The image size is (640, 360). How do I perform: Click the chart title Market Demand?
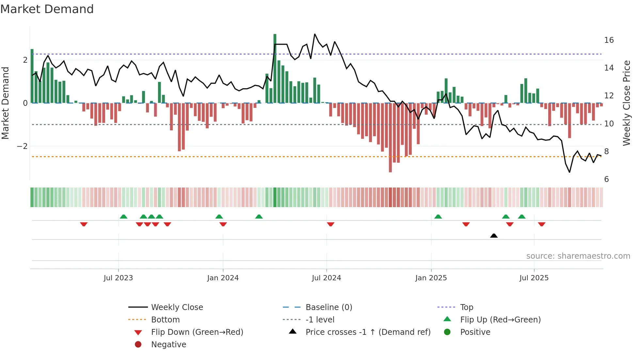[x=47, y=9]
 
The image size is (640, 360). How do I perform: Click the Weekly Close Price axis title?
[x=626, y=103]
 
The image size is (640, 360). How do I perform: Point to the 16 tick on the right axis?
[x=609, y=40]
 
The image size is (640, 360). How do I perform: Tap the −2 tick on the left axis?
[x=22, y=146]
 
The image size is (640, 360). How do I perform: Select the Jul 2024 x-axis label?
[x=326, y=278]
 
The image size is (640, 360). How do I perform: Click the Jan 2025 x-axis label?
[x=431, y=278]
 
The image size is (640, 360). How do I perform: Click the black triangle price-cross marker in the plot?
[x=494, y=236]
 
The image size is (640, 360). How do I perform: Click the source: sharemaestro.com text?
[x=578, y=256]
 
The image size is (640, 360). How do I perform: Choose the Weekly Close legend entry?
[x=177, y=307]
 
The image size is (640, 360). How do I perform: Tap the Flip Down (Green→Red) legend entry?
[x=197, y=332]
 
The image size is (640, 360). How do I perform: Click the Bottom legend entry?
[x=165, y=320]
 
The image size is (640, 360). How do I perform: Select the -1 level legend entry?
[x=320, y=320]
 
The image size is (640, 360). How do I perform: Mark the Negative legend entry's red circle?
[x=138, y=345]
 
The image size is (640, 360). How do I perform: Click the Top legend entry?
[x=466, y=307]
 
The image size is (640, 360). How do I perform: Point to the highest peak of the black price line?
[x=315, y=34]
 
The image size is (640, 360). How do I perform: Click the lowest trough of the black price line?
[x=569, y=172]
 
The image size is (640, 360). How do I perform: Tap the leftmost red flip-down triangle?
[x=84, y=224]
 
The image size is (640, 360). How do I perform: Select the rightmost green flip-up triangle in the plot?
[x=521, y=217]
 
